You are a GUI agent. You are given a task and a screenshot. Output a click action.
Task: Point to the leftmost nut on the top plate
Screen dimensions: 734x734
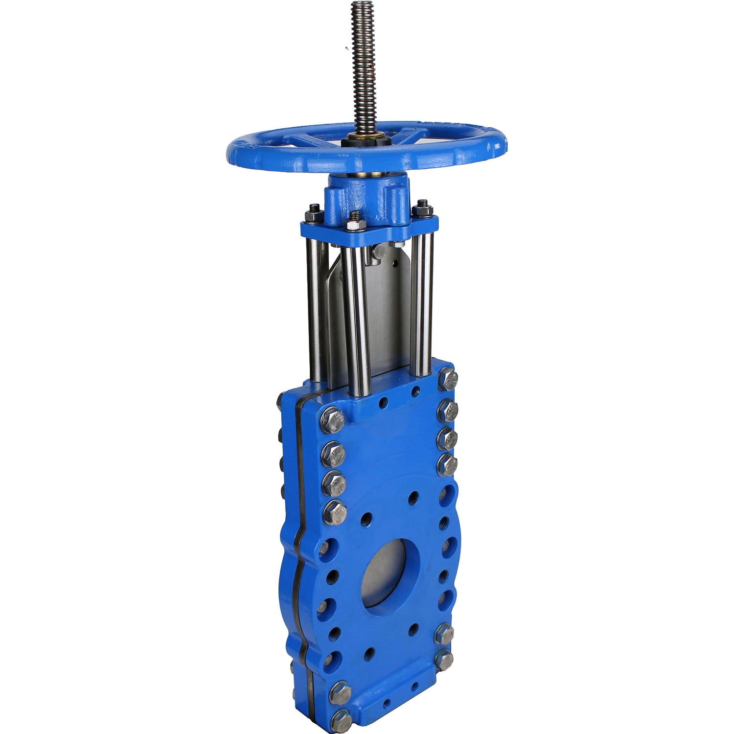312,215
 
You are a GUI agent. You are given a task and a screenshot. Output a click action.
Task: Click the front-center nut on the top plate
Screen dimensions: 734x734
355,223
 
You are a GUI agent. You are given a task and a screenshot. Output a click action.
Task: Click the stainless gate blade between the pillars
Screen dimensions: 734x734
387,313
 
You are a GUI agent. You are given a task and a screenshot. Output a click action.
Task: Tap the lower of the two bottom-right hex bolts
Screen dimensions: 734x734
444,661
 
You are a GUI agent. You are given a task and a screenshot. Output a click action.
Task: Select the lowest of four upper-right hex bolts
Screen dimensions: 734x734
447,464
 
